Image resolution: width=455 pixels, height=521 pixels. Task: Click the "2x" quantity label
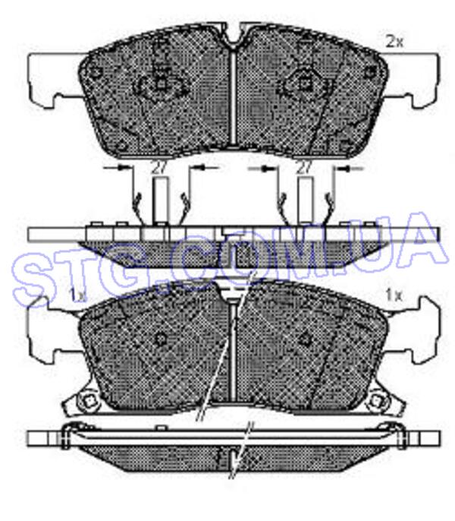[394, 42]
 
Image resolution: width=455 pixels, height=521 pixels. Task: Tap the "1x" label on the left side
[77, 295]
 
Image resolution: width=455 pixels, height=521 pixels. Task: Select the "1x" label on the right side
[394, 295]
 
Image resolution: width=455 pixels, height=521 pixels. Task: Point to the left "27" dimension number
[158, 167]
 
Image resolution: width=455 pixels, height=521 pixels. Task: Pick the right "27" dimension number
[303, 168]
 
